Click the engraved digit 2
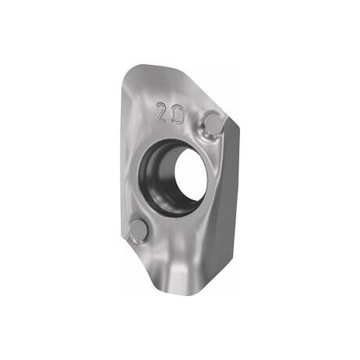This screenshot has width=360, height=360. point(164,111)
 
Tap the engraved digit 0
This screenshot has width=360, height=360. point(178,114)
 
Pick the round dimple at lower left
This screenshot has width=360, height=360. point(138,230)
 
